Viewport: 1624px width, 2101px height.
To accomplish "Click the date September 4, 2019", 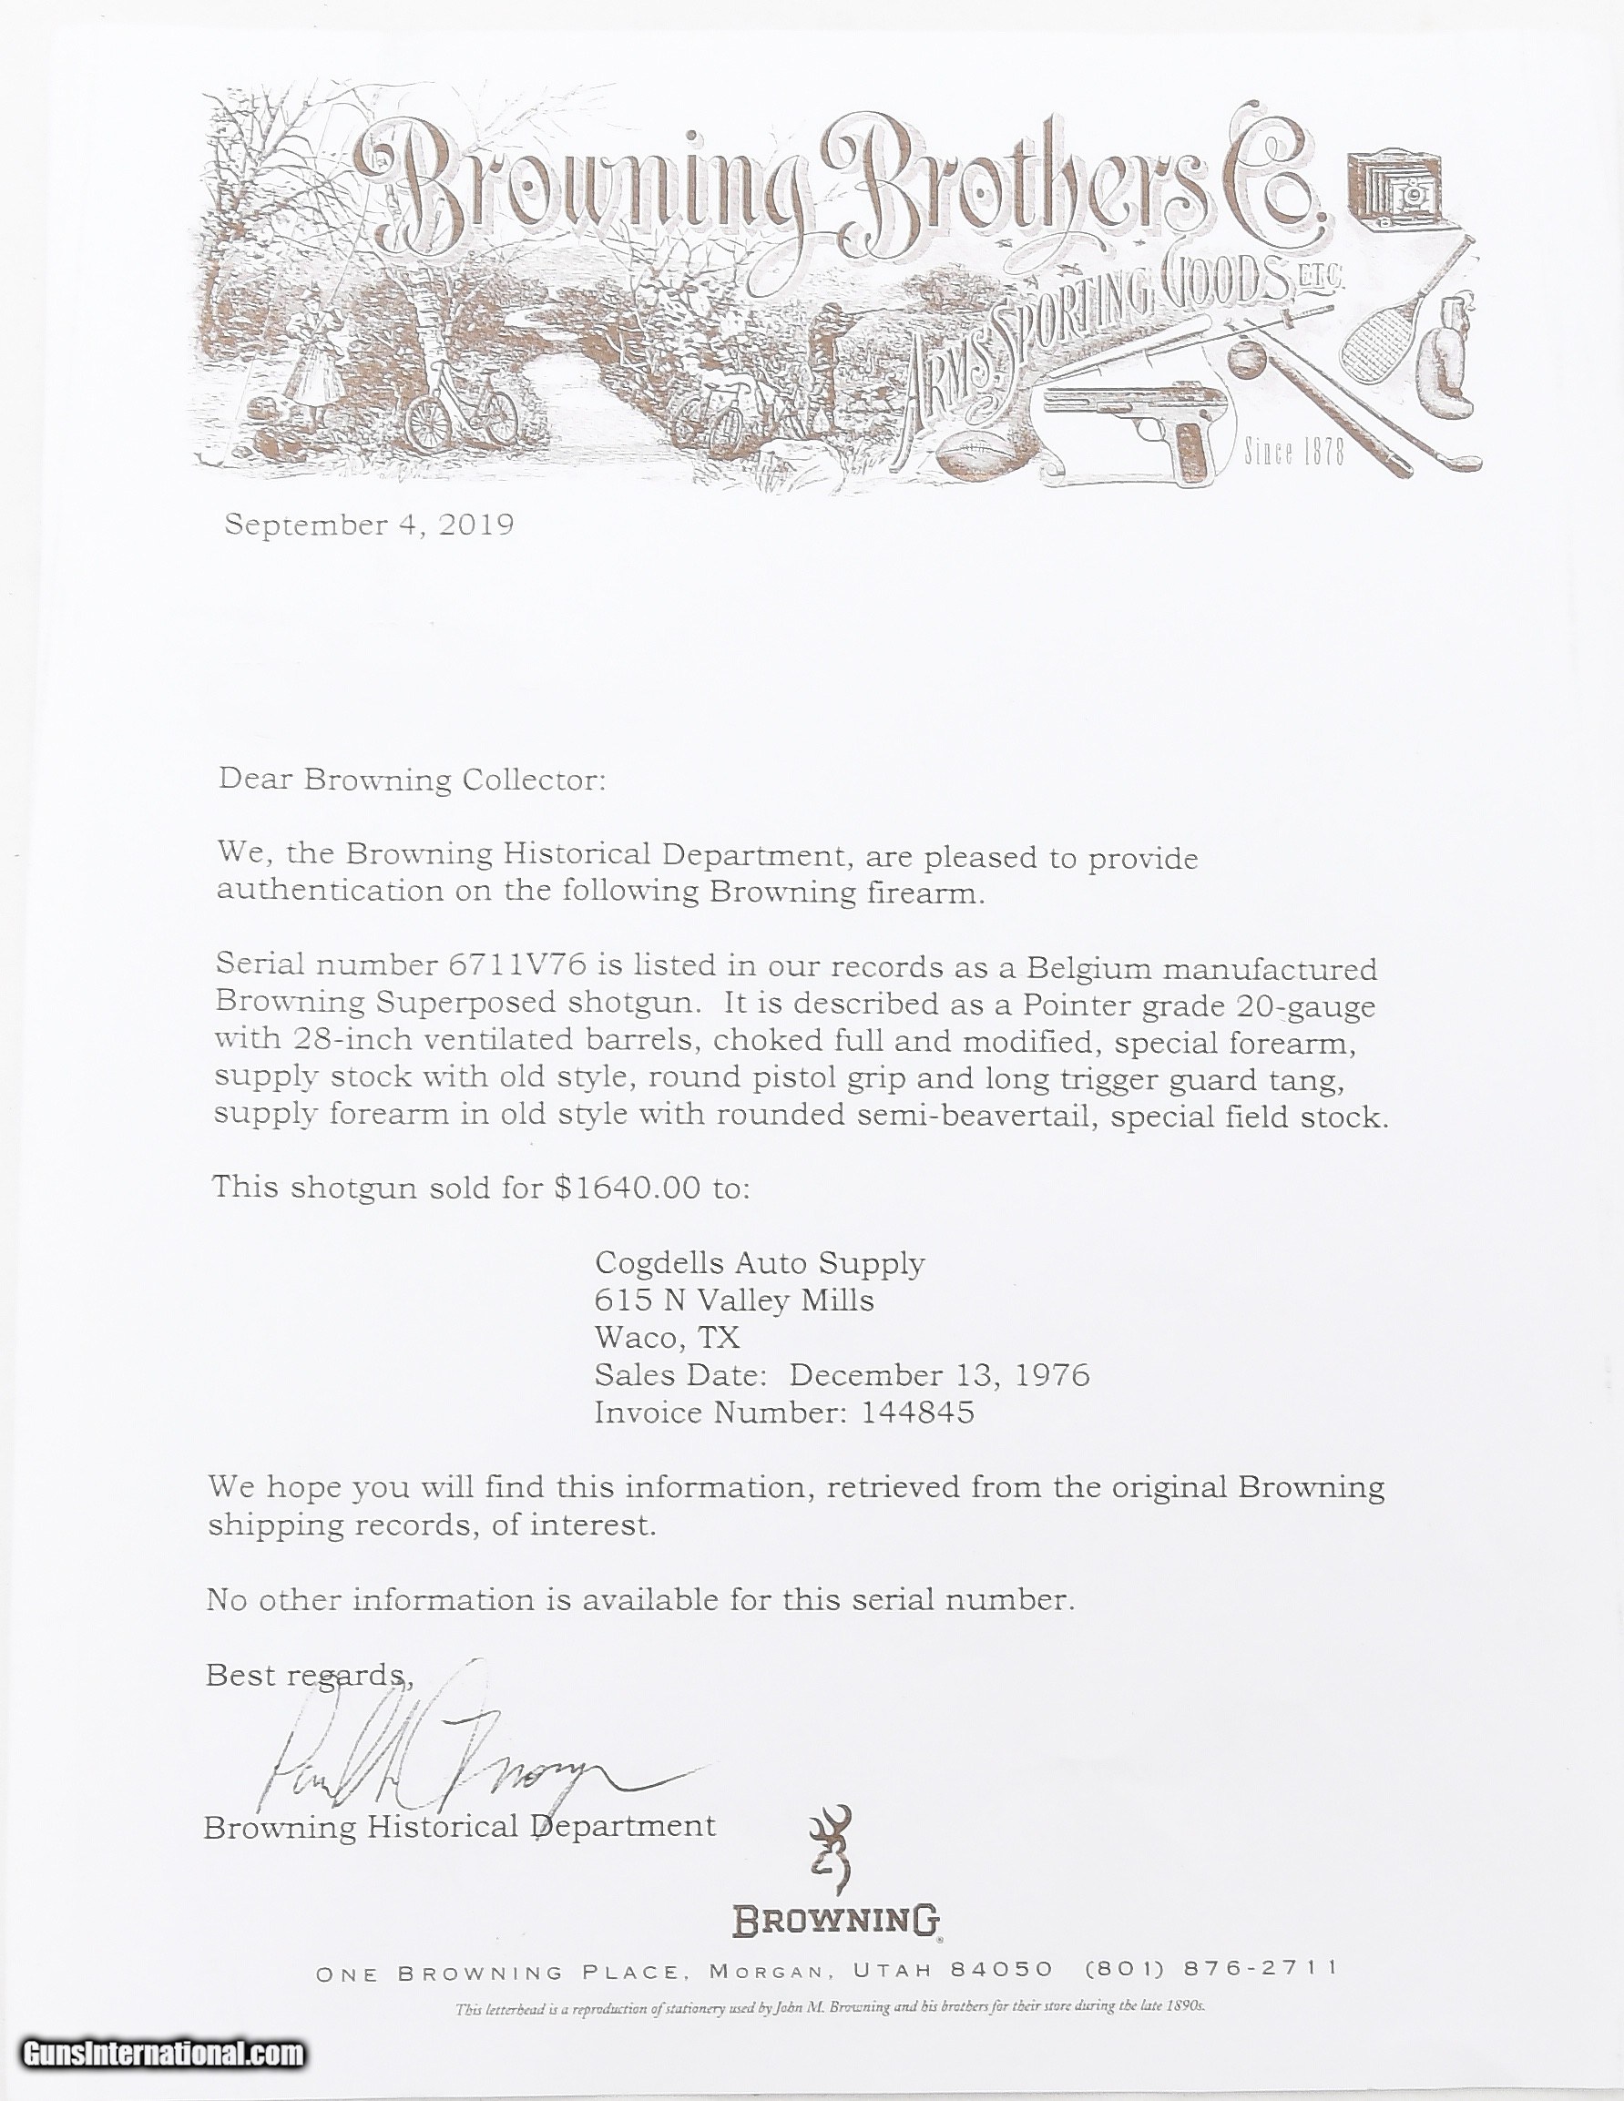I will pyautogui.click(x=370, y=525).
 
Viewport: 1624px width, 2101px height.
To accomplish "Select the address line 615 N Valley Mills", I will pyautogui.click(x=734, y=1300).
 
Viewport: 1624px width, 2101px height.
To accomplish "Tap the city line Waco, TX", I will pyautogui.click(x=667, y=1338).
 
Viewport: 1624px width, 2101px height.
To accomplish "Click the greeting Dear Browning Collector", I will pyautogui.click(x=412, y=779).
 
